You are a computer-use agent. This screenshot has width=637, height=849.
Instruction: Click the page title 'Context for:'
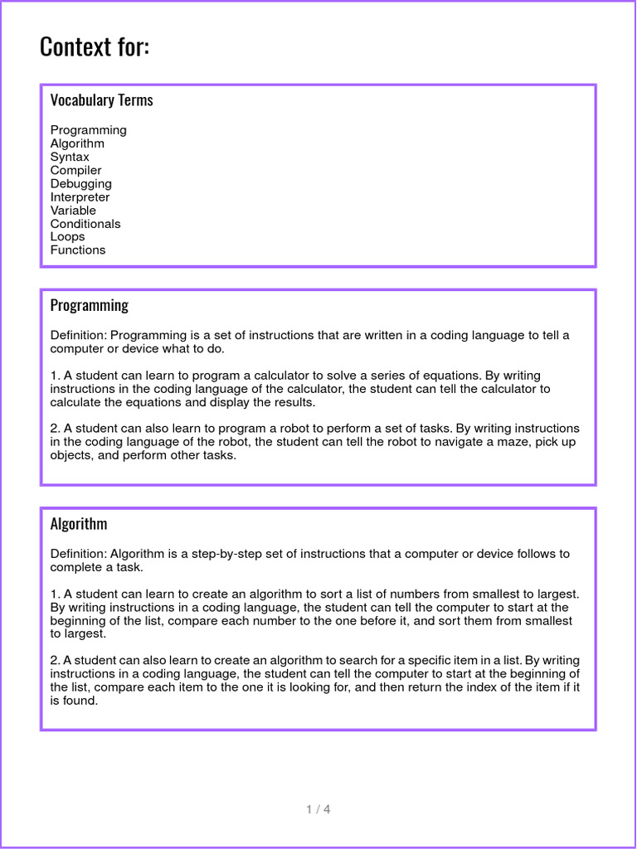point(95,47)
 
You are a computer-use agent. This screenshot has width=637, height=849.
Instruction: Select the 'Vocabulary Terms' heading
point(101,100)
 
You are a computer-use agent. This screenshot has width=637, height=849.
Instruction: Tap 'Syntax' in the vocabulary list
point(70,157)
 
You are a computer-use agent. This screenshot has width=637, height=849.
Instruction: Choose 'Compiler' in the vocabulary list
point(75,170)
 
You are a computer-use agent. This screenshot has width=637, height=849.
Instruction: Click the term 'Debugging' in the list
point(80,183)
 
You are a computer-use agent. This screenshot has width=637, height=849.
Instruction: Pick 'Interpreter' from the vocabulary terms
point(80,196)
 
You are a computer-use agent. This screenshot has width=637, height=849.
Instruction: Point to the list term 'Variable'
point(73,210)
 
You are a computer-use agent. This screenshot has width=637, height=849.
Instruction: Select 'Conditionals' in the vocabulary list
point(85,223)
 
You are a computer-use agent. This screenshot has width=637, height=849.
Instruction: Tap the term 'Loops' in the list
point(67,236)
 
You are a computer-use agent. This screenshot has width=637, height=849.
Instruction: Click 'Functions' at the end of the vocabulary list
point(78,250)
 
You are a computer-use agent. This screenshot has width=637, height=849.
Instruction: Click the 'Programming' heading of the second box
point(89,305)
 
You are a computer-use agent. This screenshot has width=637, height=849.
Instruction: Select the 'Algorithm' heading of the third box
point(78,524)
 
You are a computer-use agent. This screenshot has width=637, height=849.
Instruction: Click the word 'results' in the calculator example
point(293,402)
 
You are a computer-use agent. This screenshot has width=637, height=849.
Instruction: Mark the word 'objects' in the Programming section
point(71,455)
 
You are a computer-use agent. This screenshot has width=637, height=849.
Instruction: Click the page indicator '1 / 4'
point(318,809)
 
